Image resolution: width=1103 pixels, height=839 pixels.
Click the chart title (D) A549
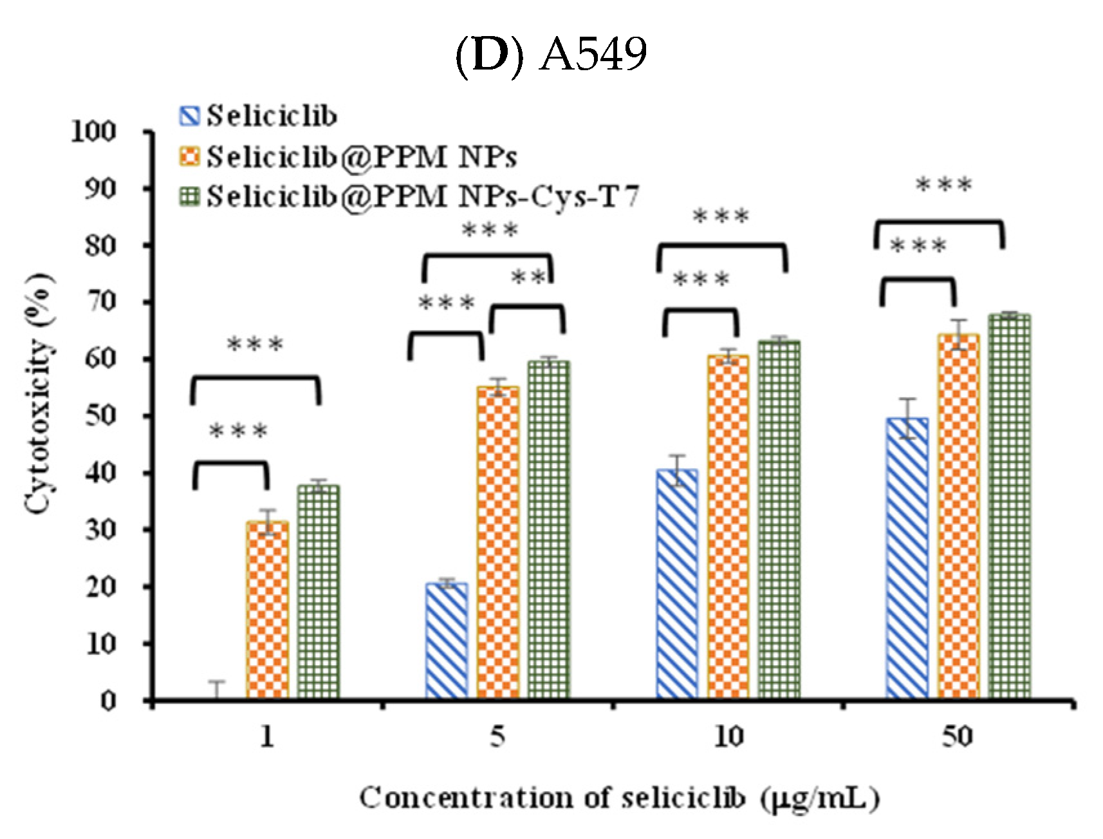tap(551, 54)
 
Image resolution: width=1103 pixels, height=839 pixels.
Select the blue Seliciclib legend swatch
tap(190, 116)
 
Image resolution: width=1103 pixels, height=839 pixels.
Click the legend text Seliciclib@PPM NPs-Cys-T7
tap(423, 196)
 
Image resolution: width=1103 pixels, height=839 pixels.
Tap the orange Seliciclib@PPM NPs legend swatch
tap(190, 156)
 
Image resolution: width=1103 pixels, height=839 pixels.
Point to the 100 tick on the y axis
tap(94, 131)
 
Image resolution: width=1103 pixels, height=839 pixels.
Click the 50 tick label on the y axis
tap(101, 416)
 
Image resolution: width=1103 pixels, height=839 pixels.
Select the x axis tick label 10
tap(728, 736)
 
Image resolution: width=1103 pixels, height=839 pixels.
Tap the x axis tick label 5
tap(497, 736)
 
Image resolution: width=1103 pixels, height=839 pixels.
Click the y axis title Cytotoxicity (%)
tap(39, 394)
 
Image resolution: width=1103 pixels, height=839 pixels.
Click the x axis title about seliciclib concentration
tap(619, 798)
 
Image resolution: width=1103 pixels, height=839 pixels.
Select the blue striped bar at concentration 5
tap(447, 641)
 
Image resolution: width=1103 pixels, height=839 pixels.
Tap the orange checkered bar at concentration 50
tap(958, 516)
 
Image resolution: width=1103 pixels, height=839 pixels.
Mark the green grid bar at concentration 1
tap(319, 592)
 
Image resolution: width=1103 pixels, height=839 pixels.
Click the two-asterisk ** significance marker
tap(528, 278)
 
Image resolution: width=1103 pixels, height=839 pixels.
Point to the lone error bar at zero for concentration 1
tap(218, 690)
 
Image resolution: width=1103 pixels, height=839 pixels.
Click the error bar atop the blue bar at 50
tap(907, 418)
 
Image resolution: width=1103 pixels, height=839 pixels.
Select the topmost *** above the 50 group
tap(943, 185)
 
